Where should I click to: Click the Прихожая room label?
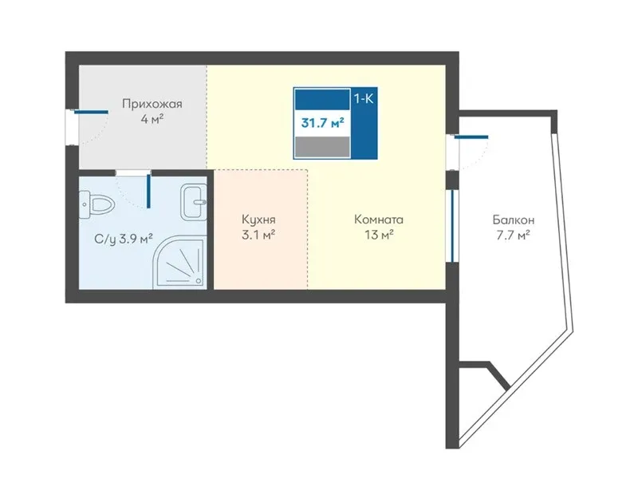[152, 105]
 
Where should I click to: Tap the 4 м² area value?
[152, 120]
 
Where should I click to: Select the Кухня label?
[258, 220]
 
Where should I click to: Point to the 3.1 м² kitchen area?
[258, 235]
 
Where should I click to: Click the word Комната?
[379, 220]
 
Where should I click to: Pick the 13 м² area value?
[379, 235]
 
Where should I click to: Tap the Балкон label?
[514, 220]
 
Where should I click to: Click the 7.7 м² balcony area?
[514, 235]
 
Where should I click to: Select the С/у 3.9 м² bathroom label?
[124, 239]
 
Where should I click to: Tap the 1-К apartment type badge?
[364, 98]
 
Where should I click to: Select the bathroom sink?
[194, 201]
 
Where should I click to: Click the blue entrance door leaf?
[92, 112]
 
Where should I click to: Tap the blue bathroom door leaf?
[149, 191]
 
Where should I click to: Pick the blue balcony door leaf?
[471, 137]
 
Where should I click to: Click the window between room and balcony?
[452, 226]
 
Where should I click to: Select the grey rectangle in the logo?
[322, 147]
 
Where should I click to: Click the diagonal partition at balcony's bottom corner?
[498, 375]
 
